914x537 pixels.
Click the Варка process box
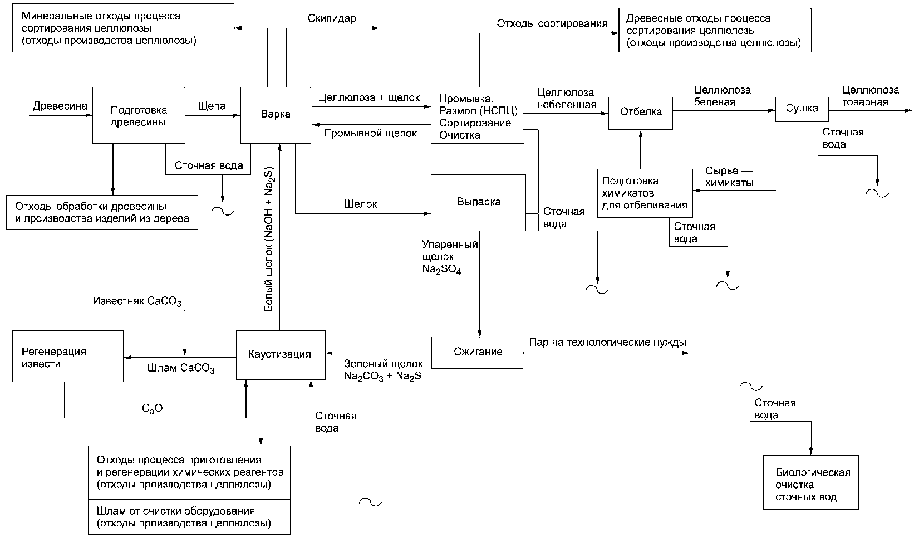(x=276, y=115)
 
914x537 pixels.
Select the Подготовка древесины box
(x=139, y=115)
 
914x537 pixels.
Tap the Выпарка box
(x=478, y=203)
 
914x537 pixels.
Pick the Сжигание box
(x=478, y=353)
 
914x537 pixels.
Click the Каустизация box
(x=281, y=355)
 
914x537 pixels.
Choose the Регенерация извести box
(x=68, y=356)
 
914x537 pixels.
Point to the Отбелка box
(x=641, y=113)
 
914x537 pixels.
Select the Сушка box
(x=802, y=109)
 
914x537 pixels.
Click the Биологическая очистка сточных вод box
(x=811, y=482)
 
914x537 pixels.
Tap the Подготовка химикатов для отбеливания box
(x=645, y=193)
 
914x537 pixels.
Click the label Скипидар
(x=332, y=18)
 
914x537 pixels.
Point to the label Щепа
(x=212, y=106)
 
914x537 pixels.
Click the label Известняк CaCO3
(x=137, y=301)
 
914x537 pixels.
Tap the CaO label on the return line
(x=152, y=408)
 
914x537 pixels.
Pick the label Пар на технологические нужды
(x=607, y=342)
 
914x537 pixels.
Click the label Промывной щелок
(x=370, y=133)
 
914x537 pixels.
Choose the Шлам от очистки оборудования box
(x=189, y=516)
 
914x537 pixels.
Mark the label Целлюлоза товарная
(x=871, y=96)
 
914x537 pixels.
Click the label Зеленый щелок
(x=383, y=363)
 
